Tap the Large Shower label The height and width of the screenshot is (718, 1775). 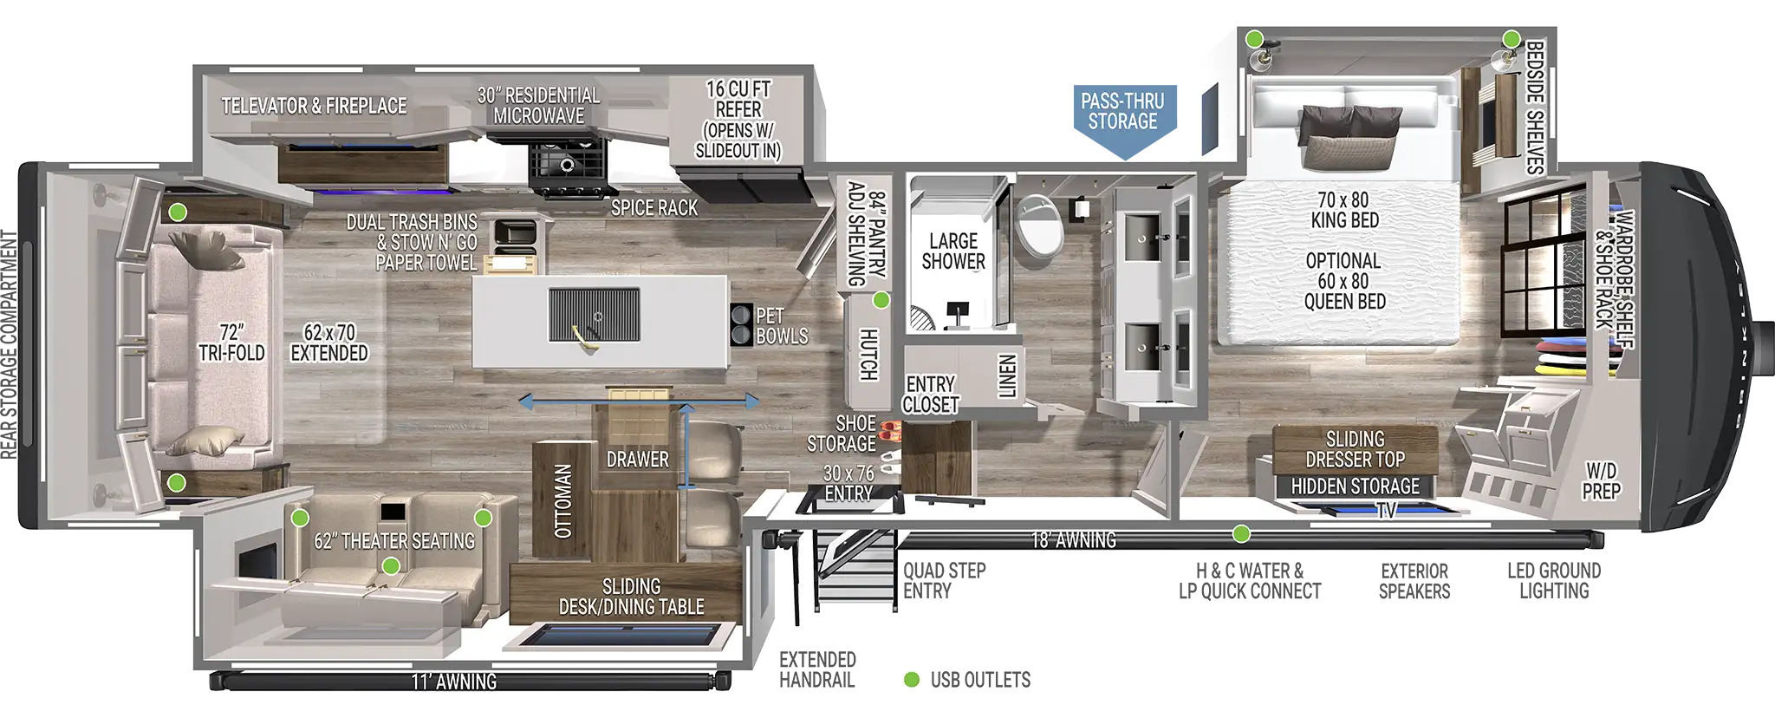click(x=953, y=251)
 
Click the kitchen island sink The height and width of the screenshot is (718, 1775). click(x=595, y=316)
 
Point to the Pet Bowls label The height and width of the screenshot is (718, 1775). click(x=782, y=326)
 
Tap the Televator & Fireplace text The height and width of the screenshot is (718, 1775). click(x=314, y=106)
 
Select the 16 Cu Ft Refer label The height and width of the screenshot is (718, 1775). click(x=738, y=120)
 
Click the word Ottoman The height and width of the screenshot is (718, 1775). click(x=563, y=501)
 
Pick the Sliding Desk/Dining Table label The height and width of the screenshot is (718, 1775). click(x=631, y=597)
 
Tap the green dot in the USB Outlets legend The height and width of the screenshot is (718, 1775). click(x=911, y=680)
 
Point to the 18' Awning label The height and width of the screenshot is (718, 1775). click(x=1074, y=540)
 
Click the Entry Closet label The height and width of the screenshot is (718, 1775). click(x=930, y=395)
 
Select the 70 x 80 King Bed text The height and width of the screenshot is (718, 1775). click(x=1344, y=211)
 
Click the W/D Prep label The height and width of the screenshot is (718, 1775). click(x=1601, y=481)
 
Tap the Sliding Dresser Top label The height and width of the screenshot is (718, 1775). click(x=1356, y=449)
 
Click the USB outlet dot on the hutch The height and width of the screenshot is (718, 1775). click(x=881, y=300)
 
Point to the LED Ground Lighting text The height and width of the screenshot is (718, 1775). click(x=1554, y=581)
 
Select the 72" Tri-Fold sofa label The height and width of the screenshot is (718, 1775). click(x=231, y=343)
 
